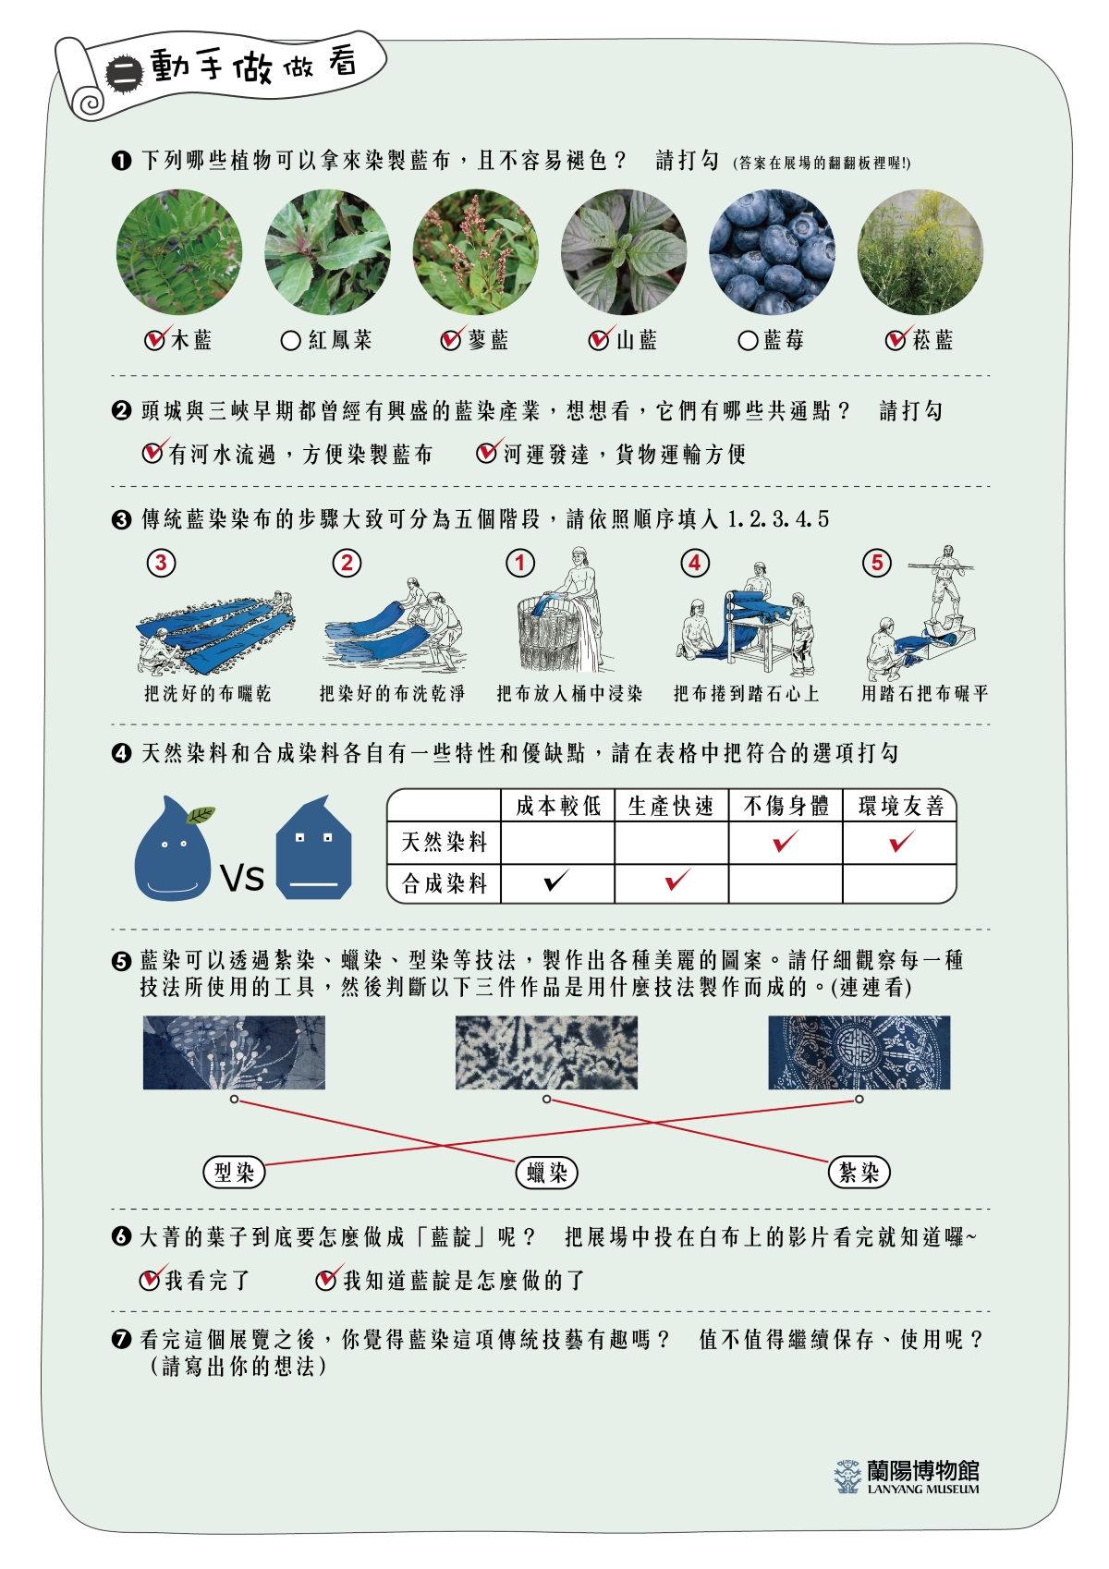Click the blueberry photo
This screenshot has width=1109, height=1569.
click(x=772, y=252)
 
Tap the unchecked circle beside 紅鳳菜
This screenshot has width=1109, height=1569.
click(x=291, y=341)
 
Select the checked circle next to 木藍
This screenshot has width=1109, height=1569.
click(x=154, y=340)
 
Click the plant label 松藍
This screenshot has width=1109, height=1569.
click(x=932, y=340)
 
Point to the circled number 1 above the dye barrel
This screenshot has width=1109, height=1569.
click(x=519, y=563)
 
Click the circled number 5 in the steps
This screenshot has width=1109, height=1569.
click(x=876, y=563)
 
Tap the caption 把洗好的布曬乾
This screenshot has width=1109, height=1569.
click(x=207, y=693)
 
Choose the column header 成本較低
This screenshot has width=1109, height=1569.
click(x=558, y=806)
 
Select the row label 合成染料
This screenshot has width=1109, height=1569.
click(x=445, y=883)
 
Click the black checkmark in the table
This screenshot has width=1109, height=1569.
click(x=556, y=880)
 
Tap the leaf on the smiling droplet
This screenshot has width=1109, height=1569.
click(x=201, y=815)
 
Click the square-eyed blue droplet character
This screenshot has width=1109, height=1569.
click(x=314, y=847)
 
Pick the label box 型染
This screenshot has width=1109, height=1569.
click(x=234, y=1172)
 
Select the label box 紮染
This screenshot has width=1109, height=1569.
click(x=859, y=1172)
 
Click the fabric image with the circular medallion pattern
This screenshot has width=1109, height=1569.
click(x=859, y=1052)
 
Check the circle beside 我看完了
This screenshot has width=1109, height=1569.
click(x=149, y=1281)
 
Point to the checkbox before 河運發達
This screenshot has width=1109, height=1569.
click(x=486, y=453)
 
